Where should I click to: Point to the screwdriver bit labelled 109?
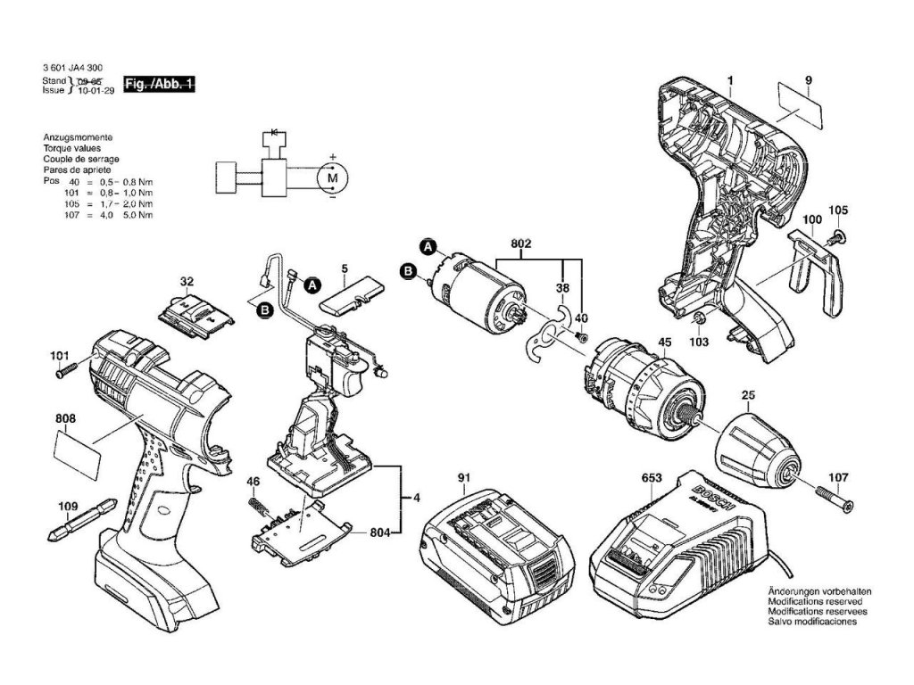(80, 526)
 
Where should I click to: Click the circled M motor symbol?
(333, 179)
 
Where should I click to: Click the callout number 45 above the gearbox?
(664, 342)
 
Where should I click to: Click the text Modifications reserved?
(815, 602)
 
